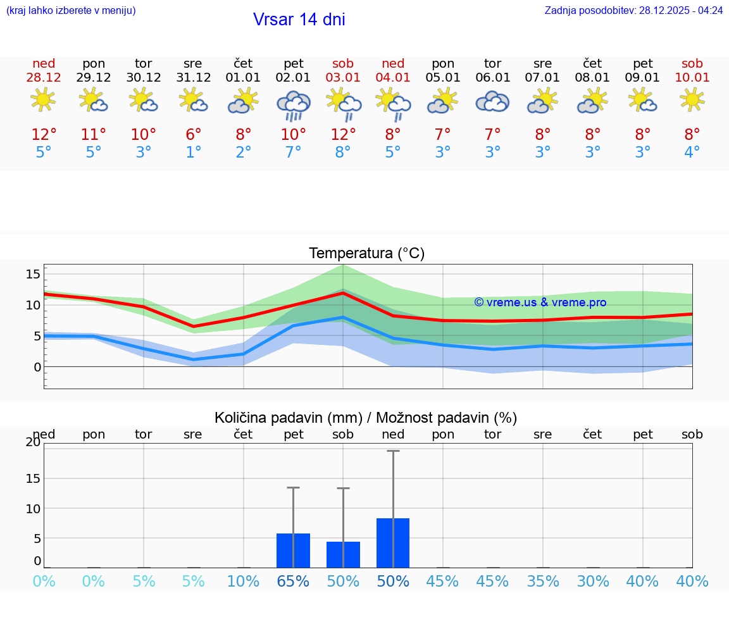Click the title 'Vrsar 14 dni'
click(299, 20)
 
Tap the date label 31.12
click(193, 77)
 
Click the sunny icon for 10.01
click(692, 100)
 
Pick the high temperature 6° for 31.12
click(193, 135)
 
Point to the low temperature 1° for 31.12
click(193, 153)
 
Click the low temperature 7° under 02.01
click(293, 153)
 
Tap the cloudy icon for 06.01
click(492, 101)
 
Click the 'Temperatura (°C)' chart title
click(366, 254)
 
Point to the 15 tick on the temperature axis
click(33, 274)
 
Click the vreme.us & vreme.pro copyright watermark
click(540, 302)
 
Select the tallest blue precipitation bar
click(393, 543)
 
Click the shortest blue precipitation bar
click(343, 554)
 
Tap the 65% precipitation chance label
click(293, 582)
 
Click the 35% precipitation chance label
click(543, 582)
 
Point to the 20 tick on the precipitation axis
click(33, 442)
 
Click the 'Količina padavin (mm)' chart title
click(288, 418)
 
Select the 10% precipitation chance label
click(243, 582)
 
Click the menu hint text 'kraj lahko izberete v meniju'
click(70, 10)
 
